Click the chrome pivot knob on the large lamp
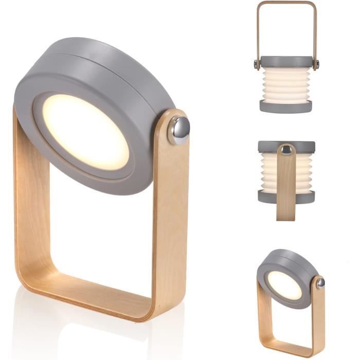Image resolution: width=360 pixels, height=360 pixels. (x=179, y=130)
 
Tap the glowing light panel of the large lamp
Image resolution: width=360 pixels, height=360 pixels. (x=85, y=131)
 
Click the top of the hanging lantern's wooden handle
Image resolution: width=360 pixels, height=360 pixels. (x=286, y=3)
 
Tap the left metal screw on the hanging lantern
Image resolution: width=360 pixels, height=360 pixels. (x=256, y=64)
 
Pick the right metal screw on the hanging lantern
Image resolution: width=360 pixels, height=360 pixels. (x=317, y=64)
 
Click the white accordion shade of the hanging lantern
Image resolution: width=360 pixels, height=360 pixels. (x=286, y=85)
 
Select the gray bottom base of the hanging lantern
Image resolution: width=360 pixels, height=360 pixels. (x=286, y=106)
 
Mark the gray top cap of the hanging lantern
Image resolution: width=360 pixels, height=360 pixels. (x=286, y=61)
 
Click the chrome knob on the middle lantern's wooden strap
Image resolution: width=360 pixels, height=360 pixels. (x=286, y=150)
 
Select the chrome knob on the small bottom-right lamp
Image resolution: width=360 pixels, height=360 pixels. (x=320, y=283)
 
